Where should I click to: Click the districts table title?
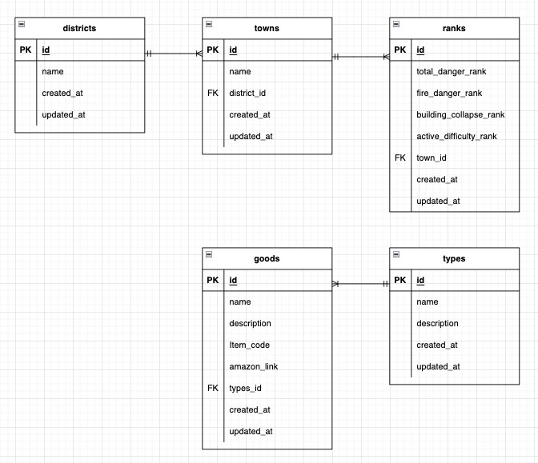click(79, 28)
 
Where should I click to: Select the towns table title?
click(267, 28)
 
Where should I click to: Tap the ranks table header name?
click(453, 28)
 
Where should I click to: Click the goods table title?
click(267, 259)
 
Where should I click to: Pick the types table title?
click(453, 259)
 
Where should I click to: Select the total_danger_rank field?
click(451, 72)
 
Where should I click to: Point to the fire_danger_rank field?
click(448, 94)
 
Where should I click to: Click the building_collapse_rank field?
click(460, 115)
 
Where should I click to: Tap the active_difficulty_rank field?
click(456, 137)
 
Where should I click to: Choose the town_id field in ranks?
click(432, 158)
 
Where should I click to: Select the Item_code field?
click(249, 345)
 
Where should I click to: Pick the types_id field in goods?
click(245, 389)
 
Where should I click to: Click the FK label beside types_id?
click(212, 389)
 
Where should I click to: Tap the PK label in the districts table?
click(25, 50)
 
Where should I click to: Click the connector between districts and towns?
click(174, 54)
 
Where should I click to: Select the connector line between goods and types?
click(360, 283)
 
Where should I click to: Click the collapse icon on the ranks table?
click(396, 25)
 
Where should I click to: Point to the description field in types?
click(437, 324)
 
